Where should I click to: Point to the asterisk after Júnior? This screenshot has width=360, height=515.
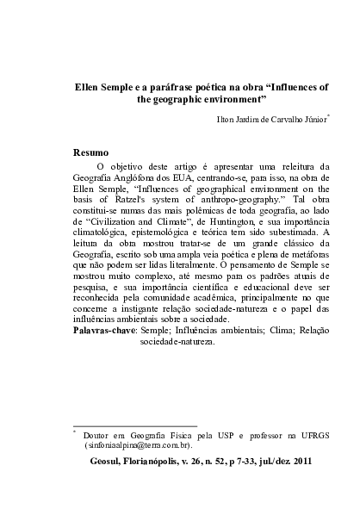329,115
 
